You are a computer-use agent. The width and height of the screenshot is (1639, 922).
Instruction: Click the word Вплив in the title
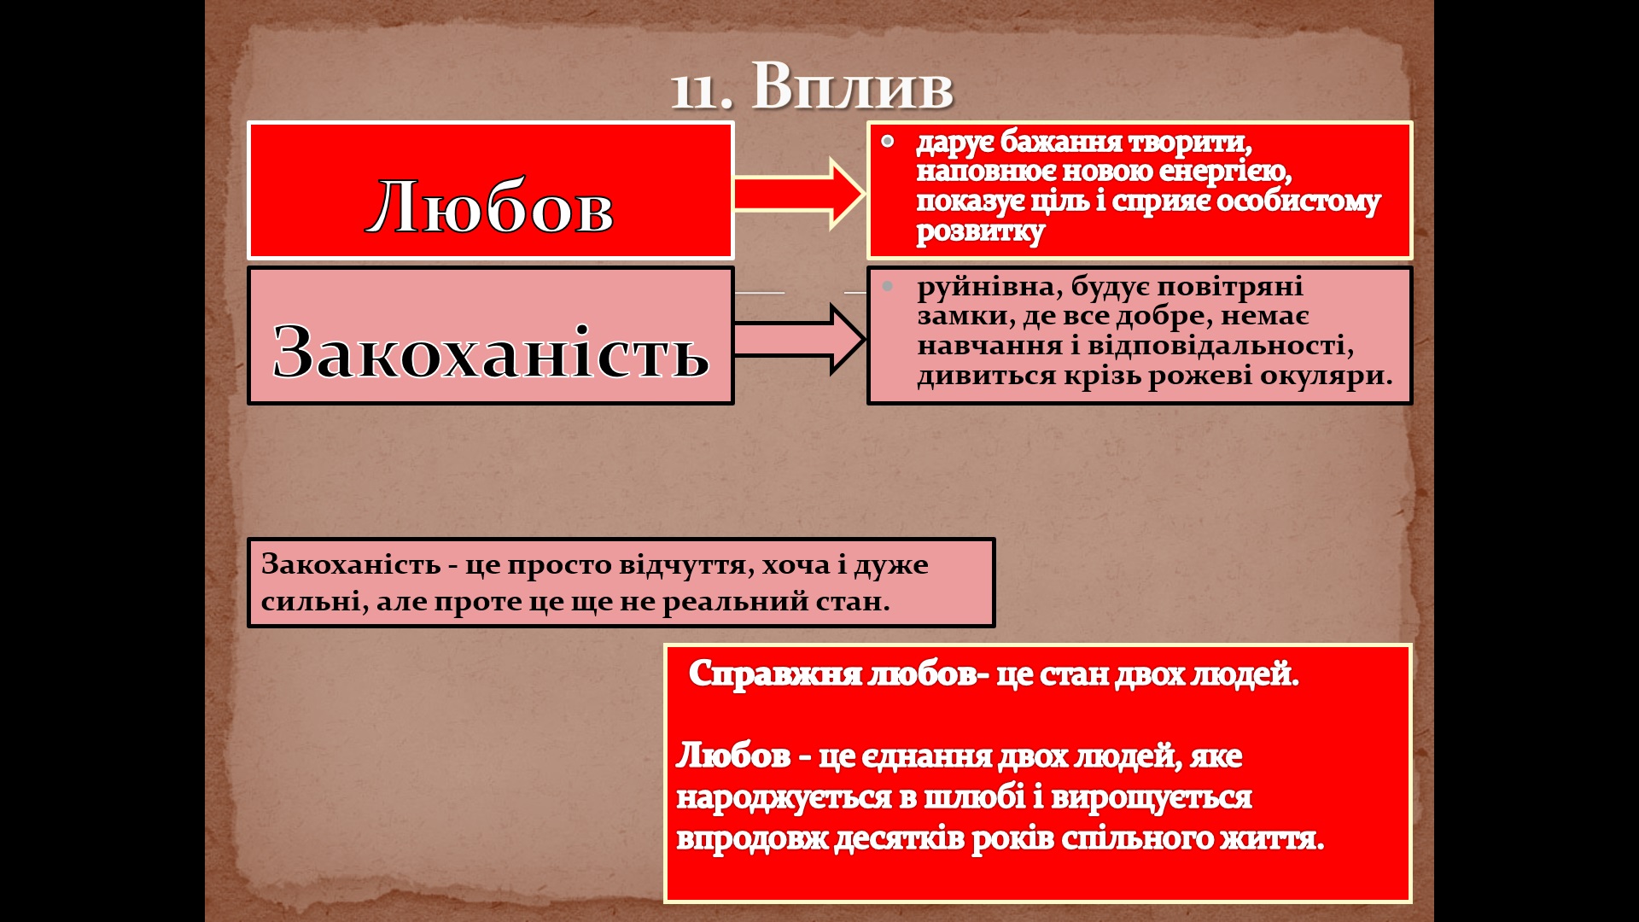point(852,87)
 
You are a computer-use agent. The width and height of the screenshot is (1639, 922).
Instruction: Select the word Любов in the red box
point(491,207)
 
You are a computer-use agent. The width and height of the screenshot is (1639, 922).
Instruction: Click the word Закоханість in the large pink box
point(491,352)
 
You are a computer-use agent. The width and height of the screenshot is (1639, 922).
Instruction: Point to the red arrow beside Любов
point(799,194)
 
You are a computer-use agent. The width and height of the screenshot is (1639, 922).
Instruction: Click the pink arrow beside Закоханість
point(799,339)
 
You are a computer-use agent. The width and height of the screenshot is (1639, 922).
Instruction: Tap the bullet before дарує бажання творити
point(888,141)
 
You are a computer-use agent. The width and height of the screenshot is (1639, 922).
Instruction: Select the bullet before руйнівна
point(888,286)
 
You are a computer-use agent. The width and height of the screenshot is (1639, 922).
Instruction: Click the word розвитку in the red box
point(980,232)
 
